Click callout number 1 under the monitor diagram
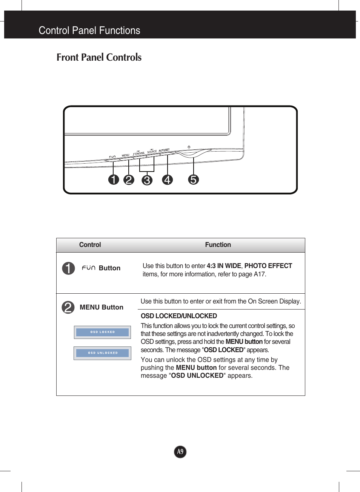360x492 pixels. coord(114,180)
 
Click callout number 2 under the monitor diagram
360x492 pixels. coord(129,180)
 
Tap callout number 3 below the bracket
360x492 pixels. coord(147,180)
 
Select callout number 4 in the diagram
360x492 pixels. coord(168,180)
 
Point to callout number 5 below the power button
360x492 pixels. coord(193,179)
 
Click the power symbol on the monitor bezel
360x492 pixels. coord(189,147)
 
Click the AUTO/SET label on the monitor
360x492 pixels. coord(164,150)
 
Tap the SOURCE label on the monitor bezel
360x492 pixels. coord(152,152)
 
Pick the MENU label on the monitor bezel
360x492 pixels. coord(126,155)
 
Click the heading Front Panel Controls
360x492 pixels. coord(99,57)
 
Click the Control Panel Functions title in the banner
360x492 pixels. coord(89,31)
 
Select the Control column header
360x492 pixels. coord(90,245)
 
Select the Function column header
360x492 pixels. coord(218,245)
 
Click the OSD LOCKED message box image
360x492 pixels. coord(102,332)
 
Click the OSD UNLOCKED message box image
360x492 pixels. coord(102,353)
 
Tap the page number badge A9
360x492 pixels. coord(180,452)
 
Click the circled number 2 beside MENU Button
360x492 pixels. coord(68,307)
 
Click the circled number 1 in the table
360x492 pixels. coord(68,268)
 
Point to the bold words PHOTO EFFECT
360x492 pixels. coord(268,266)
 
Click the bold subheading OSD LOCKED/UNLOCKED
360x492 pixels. coord(179,316)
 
